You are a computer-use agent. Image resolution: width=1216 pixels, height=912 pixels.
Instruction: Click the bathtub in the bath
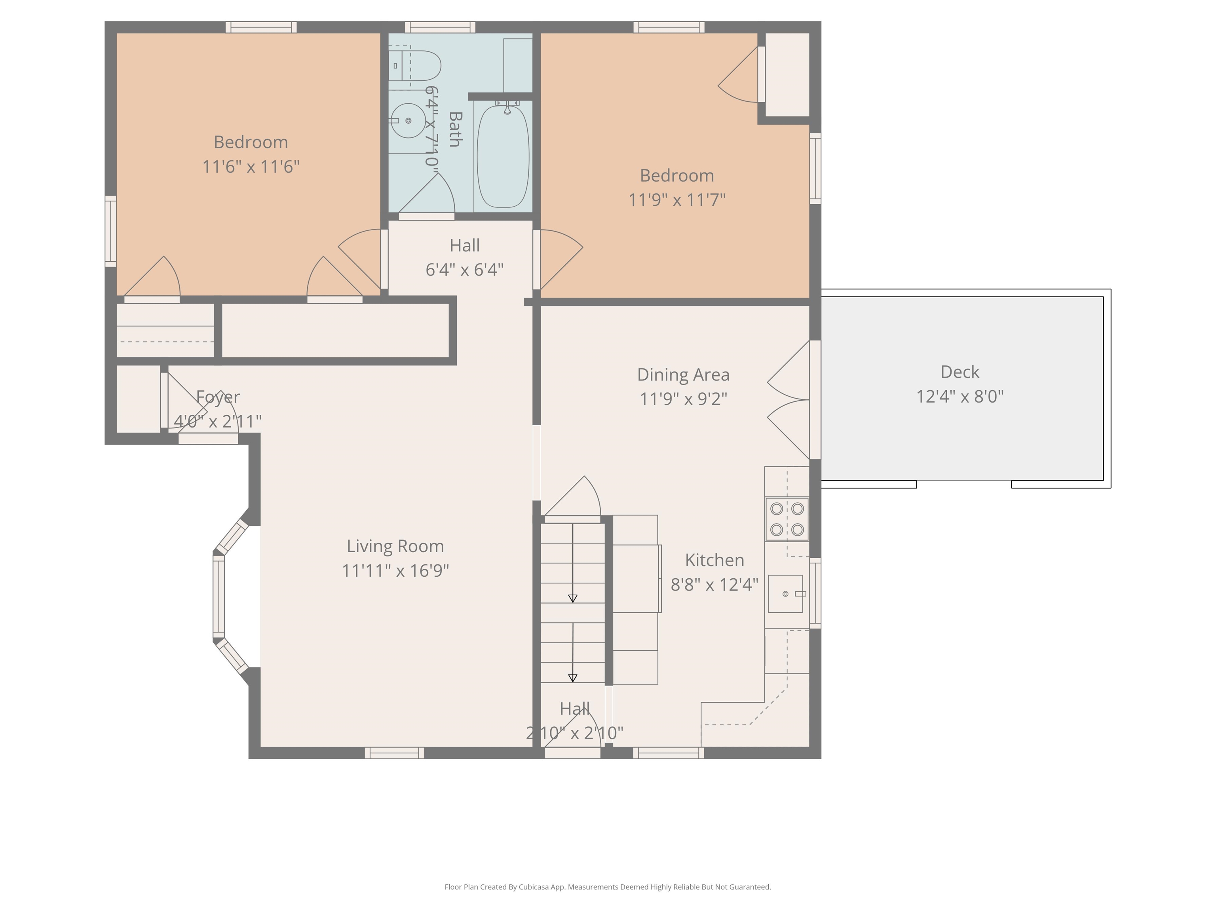tap(503, 156)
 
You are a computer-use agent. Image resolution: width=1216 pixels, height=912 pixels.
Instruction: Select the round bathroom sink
tap(407, 120)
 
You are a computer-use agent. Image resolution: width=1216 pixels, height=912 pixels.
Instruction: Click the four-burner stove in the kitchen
tap(787, 519)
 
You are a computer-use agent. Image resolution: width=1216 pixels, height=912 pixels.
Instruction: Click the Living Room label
tap(395, 546)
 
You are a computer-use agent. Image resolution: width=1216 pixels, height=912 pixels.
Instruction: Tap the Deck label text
tap(960, 372)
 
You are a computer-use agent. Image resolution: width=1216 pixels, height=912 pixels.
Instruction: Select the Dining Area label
tap(683, 374)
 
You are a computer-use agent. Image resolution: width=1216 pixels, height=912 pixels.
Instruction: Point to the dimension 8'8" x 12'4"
tap(714, 584)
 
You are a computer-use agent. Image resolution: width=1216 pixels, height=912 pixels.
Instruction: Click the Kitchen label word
tap(714, 560)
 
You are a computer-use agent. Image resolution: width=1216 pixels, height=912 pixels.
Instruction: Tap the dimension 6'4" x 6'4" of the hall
tap(465, 270)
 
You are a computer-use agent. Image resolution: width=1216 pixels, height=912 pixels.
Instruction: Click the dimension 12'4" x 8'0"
tap(960, 396)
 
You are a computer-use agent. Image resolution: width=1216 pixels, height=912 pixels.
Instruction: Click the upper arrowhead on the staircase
tap(573, 598)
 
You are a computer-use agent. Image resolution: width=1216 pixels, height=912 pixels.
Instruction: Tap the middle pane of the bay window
tap(219, 597)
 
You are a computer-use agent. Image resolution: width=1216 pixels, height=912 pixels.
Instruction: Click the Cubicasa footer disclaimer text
tap(608, 887)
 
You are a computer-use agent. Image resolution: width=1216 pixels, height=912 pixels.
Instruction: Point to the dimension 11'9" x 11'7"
tap(677, 199)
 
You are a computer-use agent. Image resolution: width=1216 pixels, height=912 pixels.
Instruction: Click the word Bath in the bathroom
tap(455, 129)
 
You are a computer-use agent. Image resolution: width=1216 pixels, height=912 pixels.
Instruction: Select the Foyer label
tap(218, 397)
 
